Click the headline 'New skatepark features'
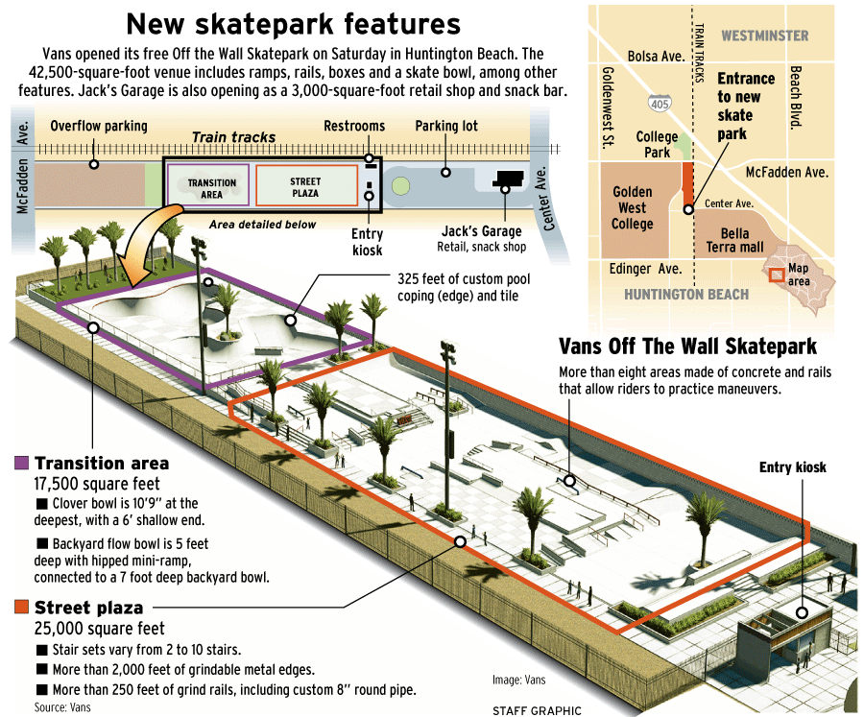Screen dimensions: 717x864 point(293,24)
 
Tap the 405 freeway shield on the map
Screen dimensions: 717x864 point(659,101)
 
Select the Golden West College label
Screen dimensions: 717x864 point(633,208)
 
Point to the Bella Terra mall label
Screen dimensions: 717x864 point(734,240)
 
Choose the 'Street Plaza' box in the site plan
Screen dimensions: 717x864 point(305,187)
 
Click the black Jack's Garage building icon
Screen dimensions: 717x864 point(506,179)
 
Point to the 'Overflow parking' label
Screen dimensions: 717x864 point(99,126)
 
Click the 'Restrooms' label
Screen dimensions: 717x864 point(353,126)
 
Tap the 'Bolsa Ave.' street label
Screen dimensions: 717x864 point(656,57)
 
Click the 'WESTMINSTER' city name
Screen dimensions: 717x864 point(764,36)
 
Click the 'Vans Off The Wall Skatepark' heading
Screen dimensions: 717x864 point(687,347)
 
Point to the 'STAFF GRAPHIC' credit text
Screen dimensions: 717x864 point(537,710)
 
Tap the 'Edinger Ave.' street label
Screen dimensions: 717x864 point(645,270)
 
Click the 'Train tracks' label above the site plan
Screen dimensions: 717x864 point(233,137)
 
